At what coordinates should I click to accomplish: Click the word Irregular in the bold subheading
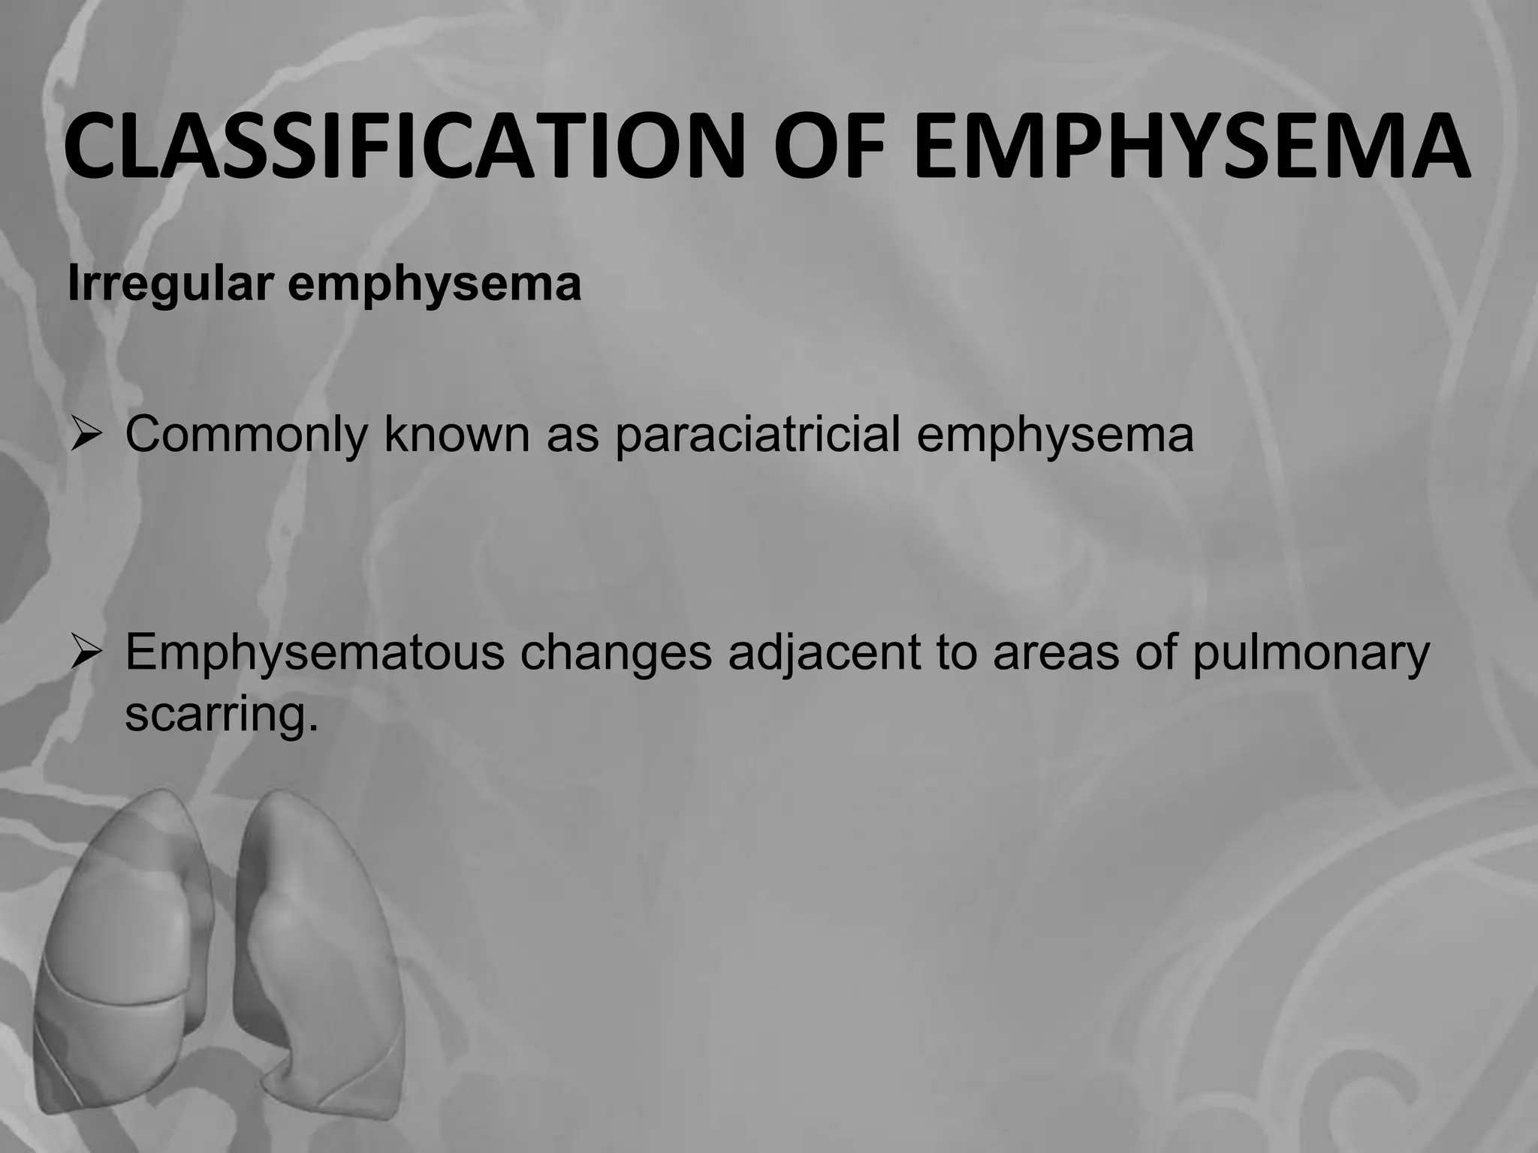(169, 284)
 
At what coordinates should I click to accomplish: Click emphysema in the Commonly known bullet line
(1054, 435)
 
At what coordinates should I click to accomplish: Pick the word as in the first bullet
(572, 435)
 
